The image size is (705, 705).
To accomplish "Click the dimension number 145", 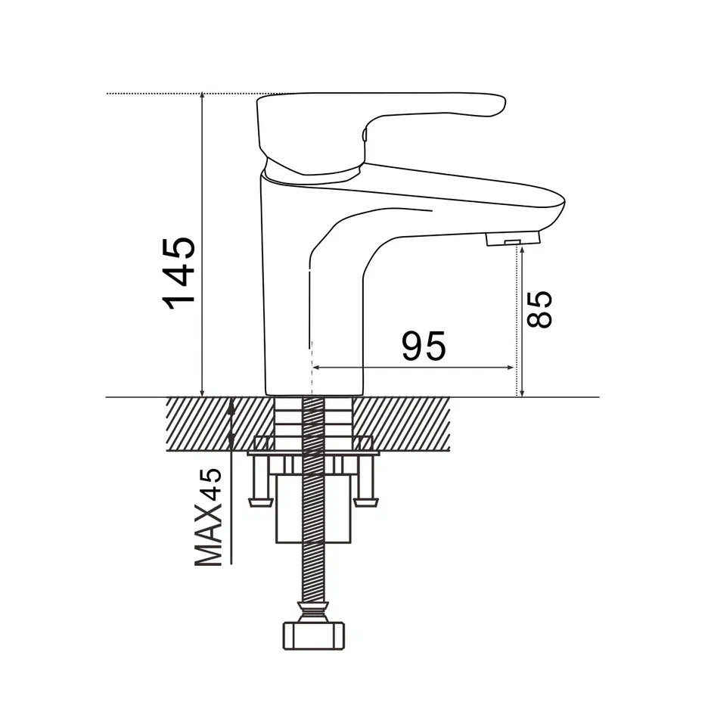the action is coord(180,273).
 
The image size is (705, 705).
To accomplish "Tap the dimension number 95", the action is coord(424,346).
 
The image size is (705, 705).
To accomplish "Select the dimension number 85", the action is coord(539,309).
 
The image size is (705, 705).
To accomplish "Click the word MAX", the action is coord(208,535).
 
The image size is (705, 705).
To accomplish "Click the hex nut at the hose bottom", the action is coord(314,635).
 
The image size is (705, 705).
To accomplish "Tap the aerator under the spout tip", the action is coord(513,238).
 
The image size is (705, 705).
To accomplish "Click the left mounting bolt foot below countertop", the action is coord(261,502).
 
